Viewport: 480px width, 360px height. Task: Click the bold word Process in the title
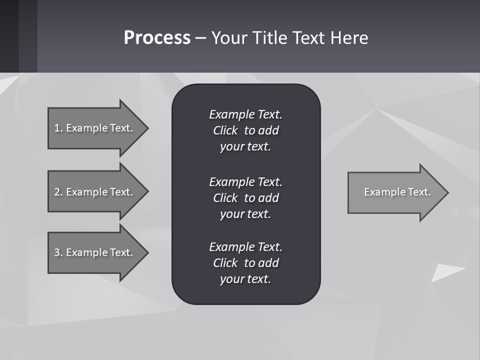tap(157, 38)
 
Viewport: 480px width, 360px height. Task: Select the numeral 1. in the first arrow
tap(58, 128)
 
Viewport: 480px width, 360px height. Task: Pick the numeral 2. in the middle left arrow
tap(58, 192)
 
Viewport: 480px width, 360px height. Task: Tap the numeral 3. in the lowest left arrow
tap(58, 252)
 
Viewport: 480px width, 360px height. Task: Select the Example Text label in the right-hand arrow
tap(397, 192)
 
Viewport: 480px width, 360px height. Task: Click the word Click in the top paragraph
tap(225, 130)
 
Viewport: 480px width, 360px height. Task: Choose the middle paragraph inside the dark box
tap(245, 198)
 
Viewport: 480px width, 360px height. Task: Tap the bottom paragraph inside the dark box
tap(245, 263)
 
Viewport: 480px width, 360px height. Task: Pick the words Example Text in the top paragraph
tap(245, 114)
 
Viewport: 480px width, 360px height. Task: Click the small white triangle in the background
tap(445, 273)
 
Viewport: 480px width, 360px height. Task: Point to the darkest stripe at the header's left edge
tap(9, 36)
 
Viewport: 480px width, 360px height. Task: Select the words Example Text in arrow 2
tap(99, 192)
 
